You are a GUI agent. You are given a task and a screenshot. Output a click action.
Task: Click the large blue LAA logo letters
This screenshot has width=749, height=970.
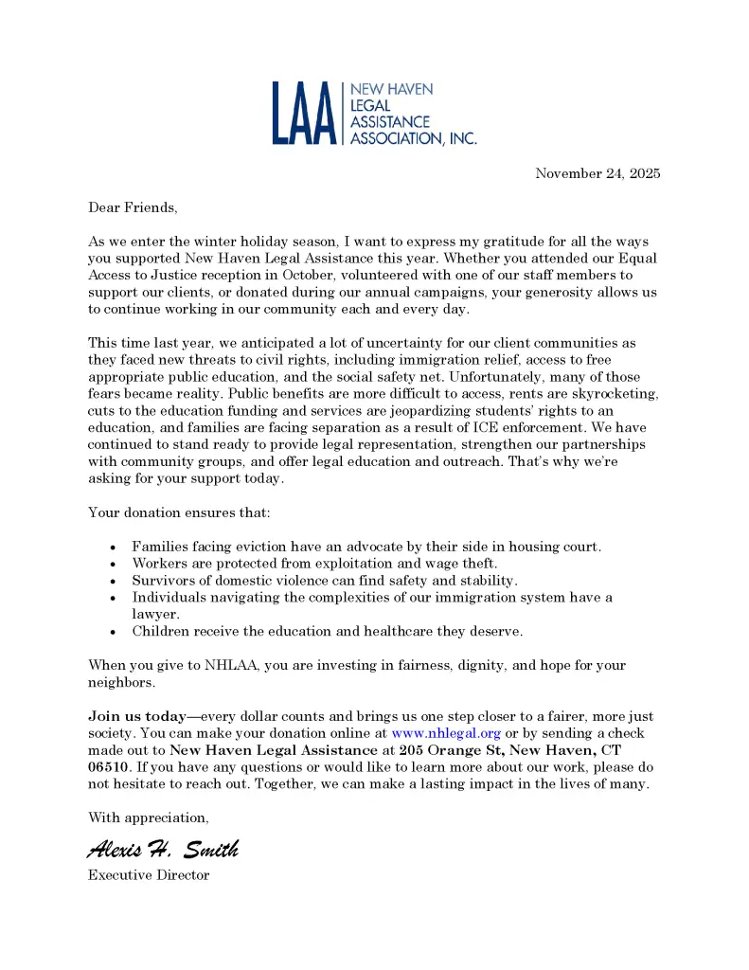click(x=305, y=114)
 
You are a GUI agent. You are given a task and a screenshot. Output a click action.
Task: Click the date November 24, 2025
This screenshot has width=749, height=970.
click(x=597, y=173)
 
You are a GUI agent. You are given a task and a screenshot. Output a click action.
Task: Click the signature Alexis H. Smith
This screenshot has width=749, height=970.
click(x=163, y=849)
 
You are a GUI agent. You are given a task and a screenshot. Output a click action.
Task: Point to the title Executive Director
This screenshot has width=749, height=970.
click(x=149, y=875)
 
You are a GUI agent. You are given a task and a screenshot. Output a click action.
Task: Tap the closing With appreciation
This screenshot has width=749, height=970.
click(x=149, y=817)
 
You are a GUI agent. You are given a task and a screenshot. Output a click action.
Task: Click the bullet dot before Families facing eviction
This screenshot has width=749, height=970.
click(x=114, y=548)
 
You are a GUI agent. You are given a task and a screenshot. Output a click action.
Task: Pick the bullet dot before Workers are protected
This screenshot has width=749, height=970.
click(x=114, y=565)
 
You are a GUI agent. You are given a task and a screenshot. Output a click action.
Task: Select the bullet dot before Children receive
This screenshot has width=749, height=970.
click(x=114, y=631)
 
